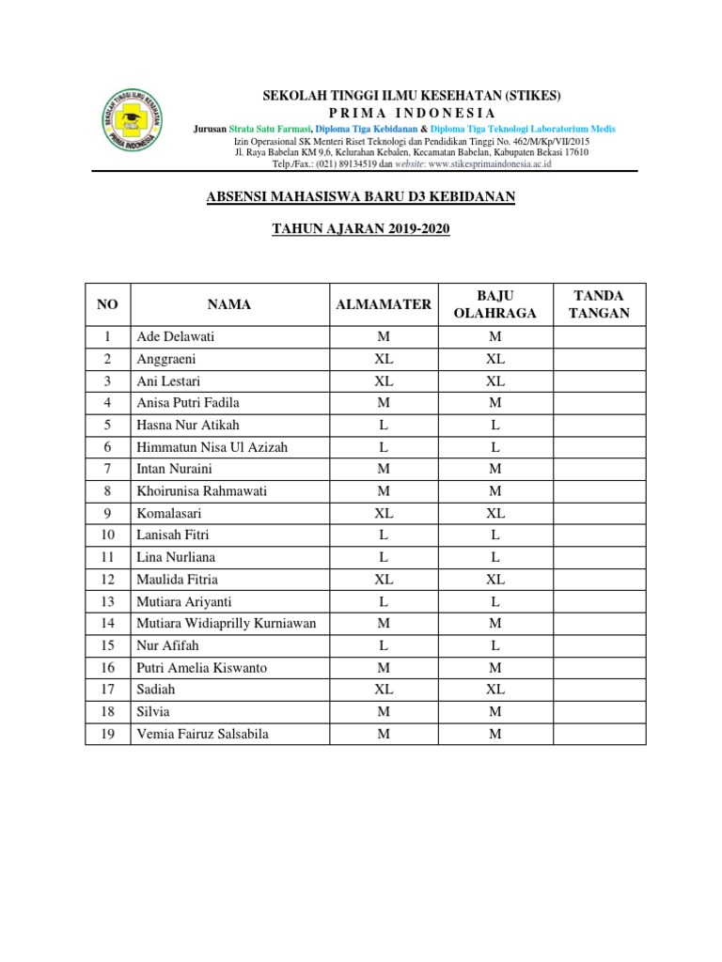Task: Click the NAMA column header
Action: click(229, 303)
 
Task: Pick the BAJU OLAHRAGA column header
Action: click(494, 303)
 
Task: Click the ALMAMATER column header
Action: click(384, 303)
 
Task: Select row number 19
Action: click(107, 734)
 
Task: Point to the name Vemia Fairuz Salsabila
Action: click(202, 734)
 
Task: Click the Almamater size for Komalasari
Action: click(384, 514)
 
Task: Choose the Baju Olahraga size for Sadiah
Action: click(494, 690)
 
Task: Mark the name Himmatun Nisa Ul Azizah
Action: click(212, 447)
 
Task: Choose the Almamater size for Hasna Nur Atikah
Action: click(384, 426)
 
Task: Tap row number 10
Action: click(107, 535)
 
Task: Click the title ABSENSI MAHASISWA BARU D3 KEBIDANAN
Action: click(361, 196)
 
